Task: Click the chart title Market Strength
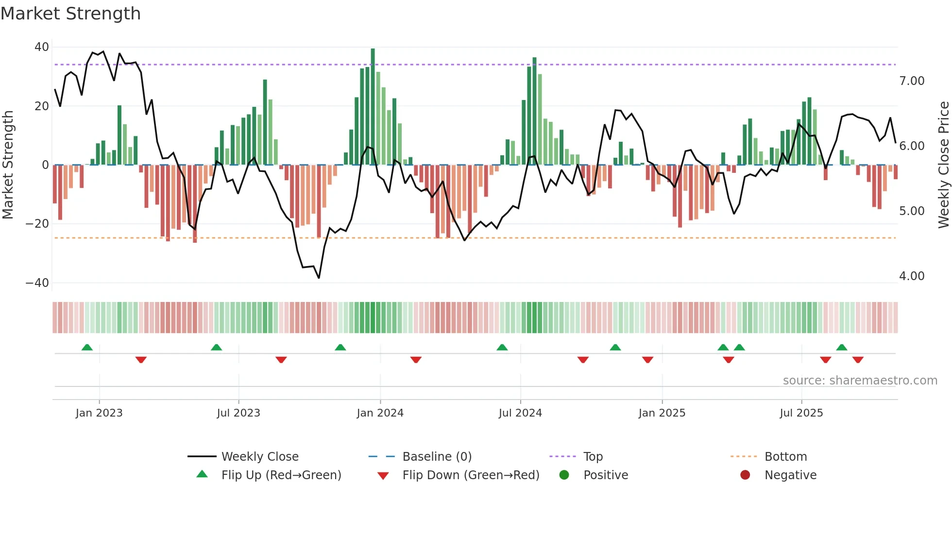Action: [x=70, y=14]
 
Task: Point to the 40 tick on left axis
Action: [x=42, y=47]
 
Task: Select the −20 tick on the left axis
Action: [x=37, y=224]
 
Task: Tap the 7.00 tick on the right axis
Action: [x=912, y=81]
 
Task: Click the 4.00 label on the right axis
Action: [x=912, y=276]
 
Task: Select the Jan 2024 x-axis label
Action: [x=380, y=413]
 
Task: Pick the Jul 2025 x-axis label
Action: [x=801, y=413]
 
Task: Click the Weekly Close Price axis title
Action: [x=943, y=165]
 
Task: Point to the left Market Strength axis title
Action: [x=8, y=165]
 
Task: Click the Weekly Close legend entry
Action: [x=260, y=457]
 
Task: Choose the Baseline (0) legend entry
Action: [x=437, y=457]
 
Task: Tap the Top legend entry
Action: [x=593, y=457]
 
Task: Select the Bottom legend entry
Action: [x=785, y=457]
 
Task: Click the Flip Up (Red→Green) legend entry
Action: [x=281, y=475]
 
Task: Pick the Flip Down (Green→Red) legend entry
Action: [x=471, y=475]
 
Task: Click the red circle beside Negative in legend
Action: [x=745, y=475]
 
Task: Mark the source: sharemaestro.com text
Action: [x=860, y=381]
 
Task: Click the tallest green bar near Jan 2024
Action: [x=373, y=107]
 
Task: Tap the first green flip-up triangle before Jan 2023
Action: [x=87, y=348]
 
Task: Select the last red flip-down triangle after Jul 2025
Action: [x=858, y=360]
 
